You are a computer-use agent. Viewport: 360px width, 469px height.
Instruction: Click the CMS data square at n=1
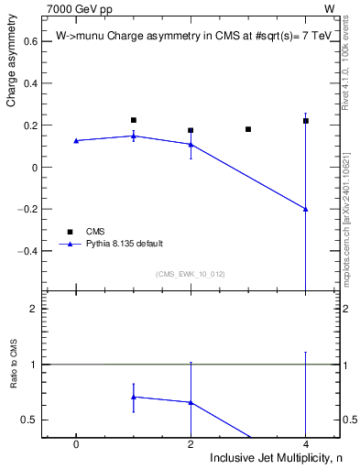click(134, 120)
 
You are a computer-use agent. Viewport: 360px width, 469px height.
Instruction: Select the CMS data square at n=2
click(191, 130)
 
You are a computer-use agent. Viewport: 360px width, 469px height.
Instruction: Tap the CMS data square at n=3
click(248, 129)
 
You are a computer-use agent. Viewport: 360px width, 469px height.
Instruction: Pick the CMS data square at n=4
click(306, 121)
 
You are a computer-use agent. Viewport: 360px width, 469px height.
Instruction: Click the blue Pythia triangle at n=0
click(76, 140)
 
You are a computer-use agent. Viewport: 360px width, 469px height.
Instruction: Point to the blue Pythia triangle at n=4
click(306, 209)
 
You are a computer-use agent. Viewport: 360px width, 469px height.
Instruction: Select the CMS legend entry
click(95, 232)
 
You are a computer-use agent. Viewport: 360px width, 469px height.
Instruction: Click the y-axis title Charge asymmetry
click(12, 69)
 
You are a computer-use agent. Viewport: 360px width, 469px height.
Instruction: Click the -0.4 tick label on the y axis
click(27, 250)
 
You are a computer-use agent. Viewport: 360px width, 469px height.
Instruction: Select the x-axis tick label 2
click(191, 444)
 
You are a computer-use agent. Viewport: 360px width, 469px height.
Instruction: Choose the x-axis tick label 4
click(306, 444)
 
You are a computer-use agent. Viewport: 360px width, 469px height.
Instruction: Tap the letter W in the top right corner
click(329, 8)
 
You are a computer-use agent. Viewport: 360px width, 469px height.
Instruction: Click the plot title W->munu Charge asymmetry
click(192, 37)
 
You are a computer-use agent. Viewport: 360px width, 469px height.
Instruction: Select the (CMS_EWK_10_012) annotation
click(191, 274)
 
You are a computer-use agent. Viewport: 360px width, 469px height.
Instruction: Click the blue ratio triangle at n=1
click(134, 397)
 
